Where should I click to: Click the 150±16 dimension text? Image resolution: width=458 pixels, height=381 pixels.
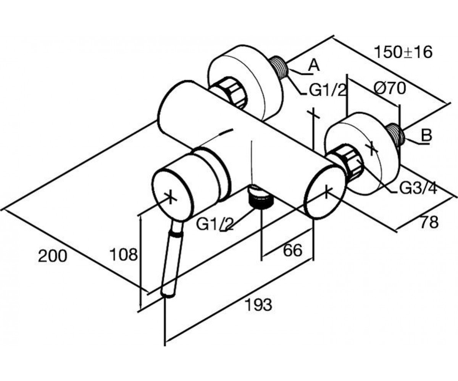click(x=403, y=53)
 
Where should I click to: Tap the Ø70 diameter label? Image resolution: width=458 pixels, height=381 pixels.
click(x=390, y=88)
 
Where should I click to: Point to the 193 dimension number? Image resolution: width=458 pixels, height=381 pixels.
click(x=258, y=304)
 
